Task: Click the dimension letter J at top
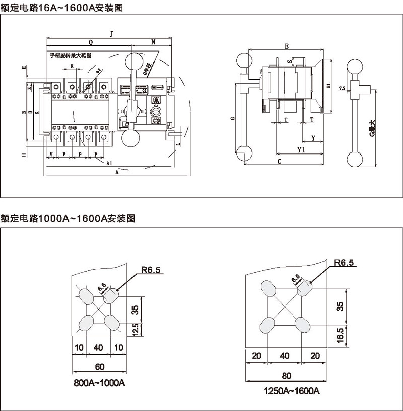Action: coord(112,33)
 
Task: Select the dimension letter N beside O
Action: coord(153,42)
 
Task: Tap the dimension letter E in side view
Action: coord(286,46)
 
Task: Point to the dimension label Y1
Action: coord(301,150)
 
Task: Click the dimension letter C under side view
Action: coord(279,161)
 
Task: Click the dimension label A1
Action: coord(109,163)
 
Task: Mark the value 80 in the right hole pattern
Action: coord(286,375)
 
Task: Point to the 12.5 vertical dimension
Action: coord(135,330)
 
